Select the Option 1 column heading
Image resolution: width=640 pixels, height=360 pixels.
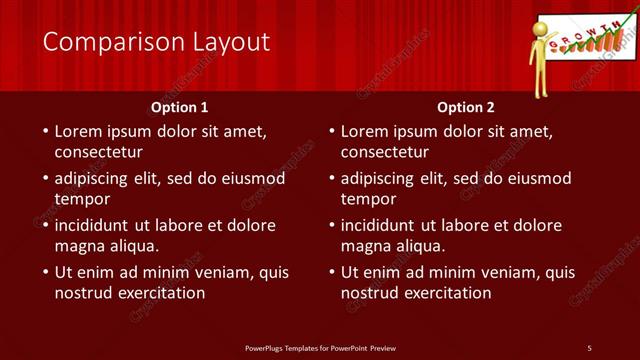click(x=180, y=107)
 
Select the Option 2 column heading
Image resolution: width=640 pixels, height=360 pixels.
click(x=466, y=107)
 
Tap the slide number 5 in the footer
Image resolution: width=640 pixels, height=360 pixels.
click(x=589, y=348)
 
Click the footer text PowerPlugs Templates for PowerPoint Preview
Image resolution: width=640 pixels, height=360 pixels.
click(x=320, y=348)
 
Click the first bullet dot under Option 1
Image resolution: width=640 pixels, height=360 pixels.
click(x=45, y=131)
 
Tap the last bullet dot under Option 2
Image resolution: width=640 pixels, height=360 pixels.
click(x=331, y=272)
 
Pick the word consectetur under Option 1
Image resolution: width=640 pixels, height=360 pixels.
click(x=98, y=153)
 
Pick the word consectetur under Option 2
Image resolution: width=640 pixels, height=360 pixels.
click(x=384, y=153)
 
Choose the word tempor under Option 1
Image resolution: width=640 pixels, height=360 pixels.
click(x=81, y=199)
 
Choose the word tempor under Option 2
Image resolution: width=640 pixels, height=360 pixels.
click(x=367, y=199)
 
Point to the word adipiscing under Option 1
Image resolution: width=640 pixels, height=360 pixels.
click(x=97, y=179)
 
